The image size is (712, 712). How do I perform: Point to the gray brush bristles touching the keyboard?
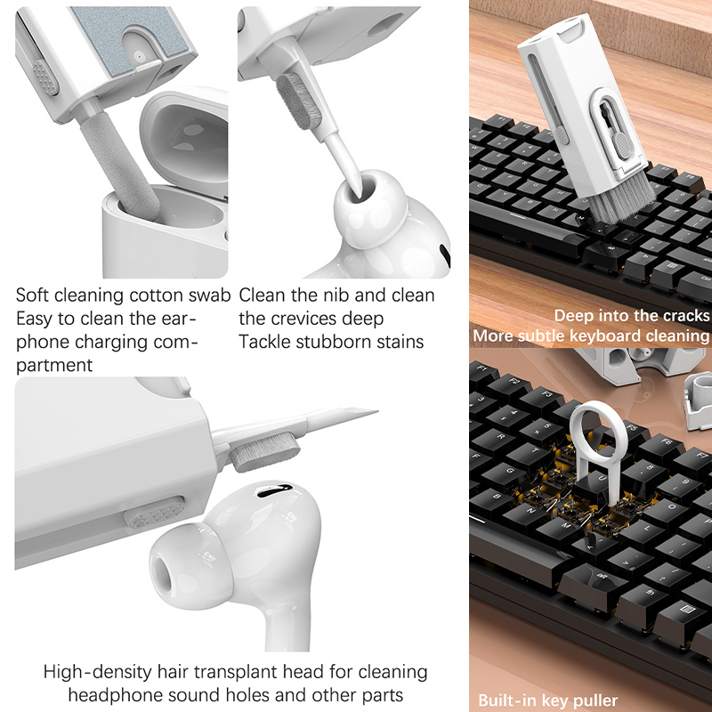[621, 202]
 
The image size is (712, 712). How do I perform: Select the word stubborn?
[330, 342]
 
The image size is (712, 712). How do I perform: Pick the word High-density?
[98, 672]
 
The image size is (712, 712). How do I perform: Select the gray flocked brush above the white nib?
[299, 101]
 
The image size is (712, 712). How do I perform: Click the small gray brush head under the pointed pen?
[264, 452]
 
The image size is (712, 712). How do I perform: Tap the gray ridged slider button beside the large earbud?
[154, 513]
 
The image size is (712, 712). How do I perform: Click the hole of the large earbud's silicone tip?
[161, 573]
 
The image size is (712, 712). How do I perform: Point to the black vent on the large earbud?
[274, 490]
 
